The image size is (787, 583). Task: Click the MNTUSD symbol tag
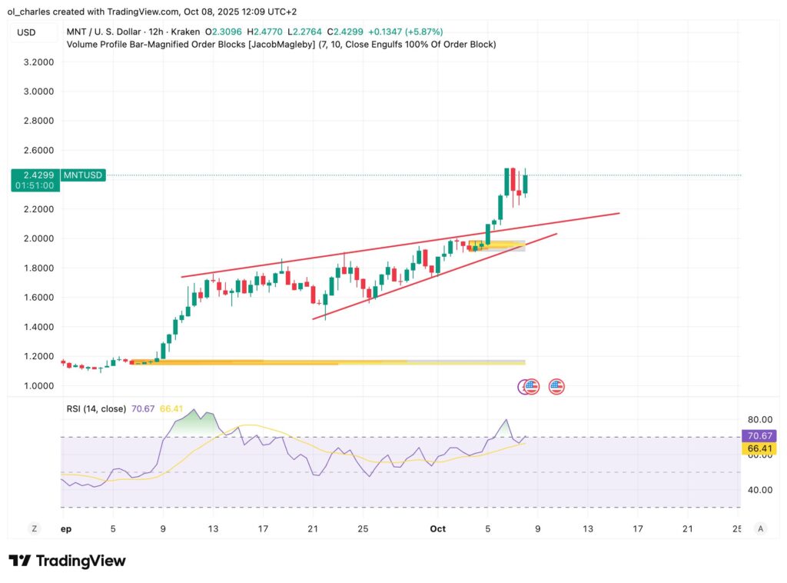point(82,175)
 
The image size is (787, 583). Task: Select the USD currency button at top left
point(27,32)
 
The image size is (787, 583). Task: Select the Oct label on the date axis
point(438,528)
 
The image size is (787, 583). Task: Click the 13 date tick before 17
point(213,528)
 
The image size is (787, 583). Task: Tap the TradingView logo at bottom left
point(68,561)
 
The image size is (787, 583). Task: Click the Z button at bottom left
point(35,528)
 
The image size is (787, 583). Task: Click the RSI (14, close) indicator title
point(96,409)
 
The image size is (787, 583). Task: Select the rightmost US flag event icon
point(556,387)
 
